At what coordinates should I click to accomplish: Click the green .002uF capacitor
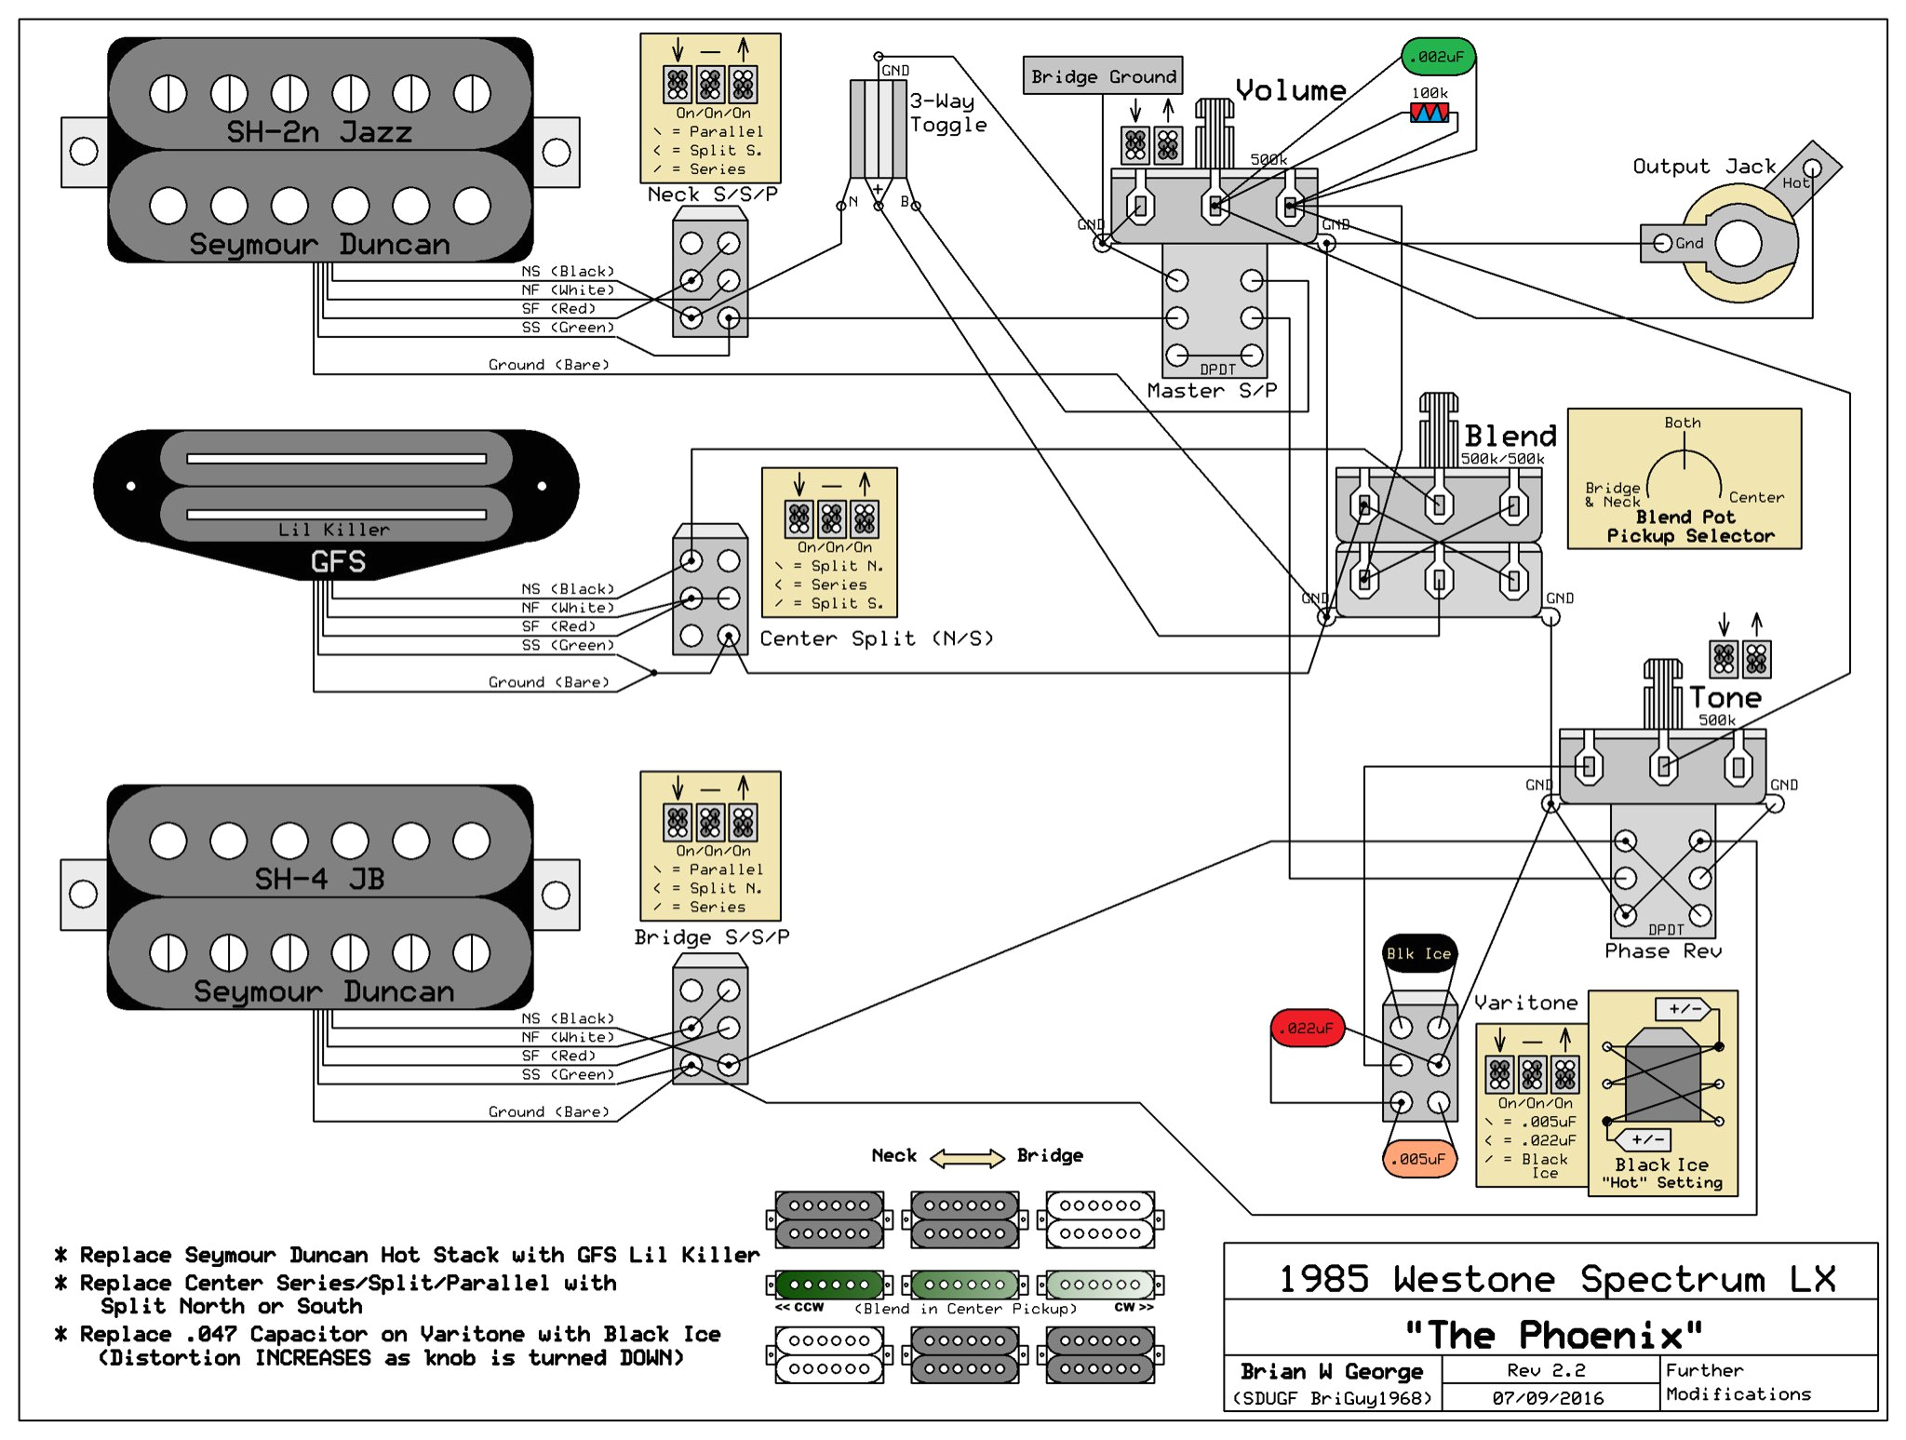(1438, 57)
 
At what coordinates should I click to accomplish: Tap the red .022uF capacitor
(1308, 1028)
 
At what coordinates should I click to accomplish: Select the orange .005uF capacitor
(1418, 1159)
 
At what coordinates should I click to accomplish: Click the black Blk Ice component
(1418, 953)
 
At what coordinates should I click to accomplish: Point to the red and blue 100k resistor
(1429, 113)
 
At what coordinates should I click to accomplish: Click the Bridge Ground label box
(1103, 76)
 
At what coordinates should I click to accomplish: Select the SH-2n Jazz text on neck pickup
(319, 132)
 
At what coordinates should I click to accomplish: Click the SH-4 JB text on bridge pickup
(319, 879)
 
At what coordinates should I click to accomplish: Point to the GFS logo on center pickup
(338, 561)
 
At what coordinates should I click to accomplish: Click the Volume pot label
(1291, 90)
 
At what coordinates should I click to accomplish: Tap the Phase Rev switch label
(1663, 951)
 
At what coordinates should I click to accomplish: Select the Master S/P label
(1212, 391)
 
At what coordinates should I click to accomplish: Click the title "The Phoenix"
(1553, 1335)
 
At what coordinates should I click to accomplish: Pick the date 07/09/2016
(1548, 1398)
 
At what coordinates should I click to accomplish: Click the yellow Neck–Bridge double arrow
(967, 1157)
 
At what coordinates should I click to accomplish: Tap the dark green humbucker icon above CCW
(829, 1285)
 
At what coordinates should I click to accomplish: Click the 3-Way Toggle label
(947, 113)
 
